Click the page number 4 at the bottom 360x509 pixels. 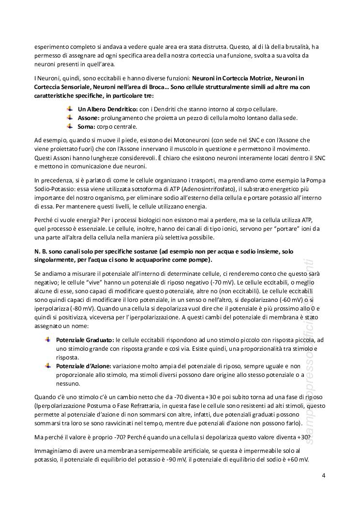tap(324, 475)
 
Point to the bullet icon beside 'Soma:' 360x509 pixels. tap(70, 127)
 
